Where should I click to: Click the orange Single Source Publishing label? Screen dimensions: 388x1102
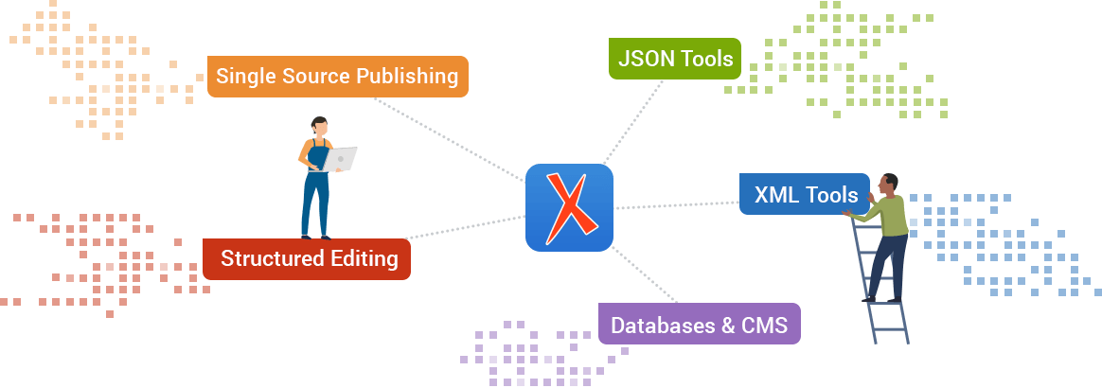pos(337,77)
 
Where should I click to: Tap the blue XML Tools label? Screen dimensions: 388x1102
pos(804,195)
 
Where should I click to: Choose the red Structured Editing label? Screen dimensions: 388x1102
pos(307,259)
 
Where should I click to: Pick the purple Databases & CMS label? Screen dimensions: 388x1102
pos(699,325)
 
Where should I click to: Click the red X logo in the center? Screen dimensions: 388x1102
pos(569,207)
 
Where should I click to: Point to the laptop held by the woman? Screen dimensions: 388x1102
pos(340,159)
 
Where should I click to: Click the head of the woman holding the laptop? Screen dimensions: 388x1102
pos(320,126)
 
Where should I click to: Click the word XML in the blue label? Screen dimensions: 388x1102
pos(775,195)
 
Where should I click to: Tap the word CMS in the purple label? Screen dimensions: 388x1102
pos(765,325)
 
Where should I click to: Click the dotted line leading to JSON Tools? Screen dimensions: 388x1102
pos(634,121)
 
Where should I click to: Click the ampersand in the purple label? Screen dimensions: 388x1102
pos(727,325)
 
